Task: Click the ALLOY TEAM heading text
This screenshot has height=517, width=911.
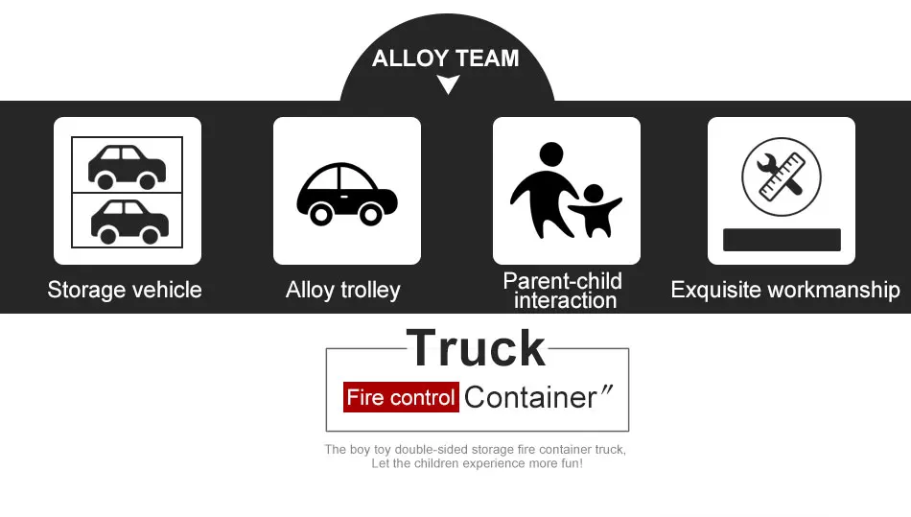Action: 445,59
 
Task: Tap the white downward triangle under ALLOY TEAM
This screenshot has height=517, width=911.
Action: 447,85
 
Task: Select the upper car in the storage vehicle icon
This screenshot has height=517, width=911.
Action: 127,165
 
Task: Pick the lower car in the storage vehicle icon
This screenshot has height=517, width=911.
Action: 128,220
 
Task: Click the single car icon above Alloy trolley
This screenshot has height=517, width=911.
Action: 346,192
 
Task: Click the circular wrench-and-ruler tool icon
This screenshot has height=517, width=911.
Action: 781,176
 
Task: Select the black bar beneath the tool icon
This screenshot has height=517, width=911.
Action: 781,240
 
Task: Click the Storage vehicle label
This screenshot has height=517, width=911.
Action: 125,290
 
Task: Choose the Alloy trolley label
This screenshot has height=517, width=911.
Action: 343,290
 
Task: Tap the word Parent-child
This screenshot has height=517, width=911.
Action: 563,281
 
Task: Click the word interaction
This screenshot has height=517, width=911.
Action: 565,300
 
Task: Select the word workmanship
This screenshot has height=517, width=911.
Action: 835,290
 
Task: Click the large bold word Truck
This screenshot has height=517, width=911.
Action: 477,347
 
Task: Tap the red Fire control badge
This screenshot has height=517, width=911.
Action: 401,397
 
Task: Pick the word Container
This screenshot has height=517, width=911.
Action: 530,396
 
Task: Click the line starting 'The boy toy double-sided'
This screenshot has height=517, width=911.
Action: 475,449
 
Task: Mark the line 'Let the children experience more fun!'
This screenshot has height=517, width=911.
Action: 477,463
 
